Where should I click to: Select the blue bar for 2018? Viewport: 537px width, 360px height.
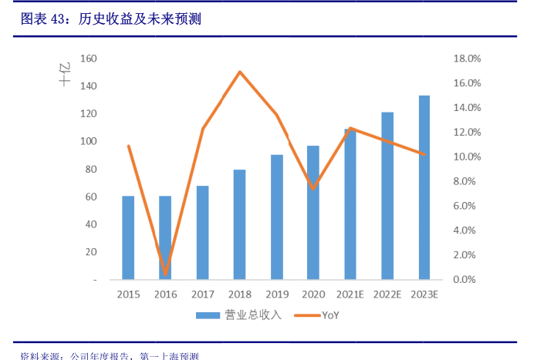tap(239, 224)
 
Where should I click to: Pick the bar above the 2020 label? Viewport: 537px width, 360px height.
tap(312, 213)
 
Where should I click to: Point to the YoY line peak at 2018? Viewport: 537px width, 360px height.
tap(240, 72)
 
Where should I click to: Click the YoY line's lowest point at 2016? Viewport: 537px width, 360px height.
tap(165, 272)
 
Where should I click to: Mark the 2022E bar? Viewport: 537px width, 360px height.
tap(387, 196)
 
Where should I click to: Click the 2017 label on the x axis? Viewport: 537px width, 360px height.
tap(202, 294)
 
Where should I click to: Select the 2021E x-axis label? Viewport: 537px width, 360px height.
tap(350, 294)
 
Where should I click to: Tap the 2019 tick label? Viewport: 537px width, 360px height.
tap(276, 294)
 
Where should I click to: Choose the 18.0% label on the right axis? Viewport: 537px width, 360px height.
tap(467, 59)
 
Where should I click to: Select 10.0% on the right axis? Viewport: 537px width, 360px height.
tap(467, 156)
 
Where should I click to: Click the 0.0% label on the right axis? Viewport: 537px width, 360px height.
tap(467, 279)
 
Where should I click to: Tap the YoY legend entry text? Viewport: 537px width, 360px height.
tap(330, 315)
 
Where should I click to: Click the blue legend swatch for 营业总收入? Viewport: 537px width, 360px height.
tap(208, 315)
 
